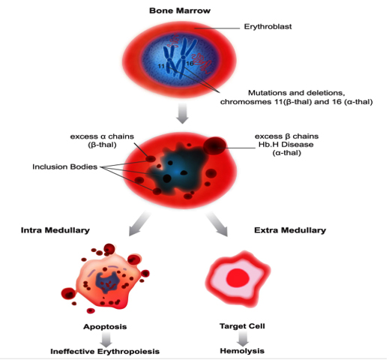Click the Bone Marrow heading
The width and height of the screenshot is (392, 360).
pos(180,10)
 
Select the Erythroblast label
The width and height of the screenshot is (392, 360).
pos(268,26)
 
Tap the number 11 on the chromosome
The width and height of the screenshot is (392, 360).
pos(161,66)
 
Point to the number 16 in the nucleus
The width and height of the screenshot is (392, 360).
pos(190,63)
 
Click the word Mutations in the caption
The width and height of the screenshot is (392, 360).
pos(267,93)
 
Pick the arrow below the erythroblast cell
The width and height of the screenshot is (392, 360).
pos(182,113)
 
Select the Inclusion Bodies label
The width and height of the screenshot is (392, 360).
pos(64,166)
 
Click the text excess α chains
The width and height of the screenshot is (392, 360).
pos(102,136)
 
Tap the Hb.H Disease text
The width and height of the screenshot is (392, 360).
pos(286,145)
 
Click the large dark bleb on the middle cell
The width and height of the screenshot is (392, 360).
pos(215,145)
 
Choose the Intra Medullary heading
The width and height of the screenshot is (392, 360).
pos(55,230)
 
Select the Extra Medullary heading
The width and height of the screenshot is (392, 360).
pos(290,230)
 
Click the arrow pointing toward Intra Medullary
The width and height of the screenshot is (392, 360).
pos(139,223)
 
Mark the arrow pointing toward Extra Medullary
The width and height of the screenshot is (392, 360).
pos(217,224)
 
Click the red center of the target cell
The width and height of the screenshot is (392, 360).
pos(238,279)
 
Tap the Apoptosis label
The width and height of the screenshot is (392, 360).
pos(105,327)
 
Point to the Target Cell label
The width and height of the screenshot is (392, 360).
pos(242,326)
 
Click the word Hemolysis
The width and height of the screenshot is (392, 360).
pos(242,351)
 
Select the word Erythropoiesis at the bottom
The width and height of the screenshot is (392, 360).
pos(128,352)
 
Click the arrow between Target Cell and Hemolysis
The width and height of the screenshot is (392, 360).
pos(242,338)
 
